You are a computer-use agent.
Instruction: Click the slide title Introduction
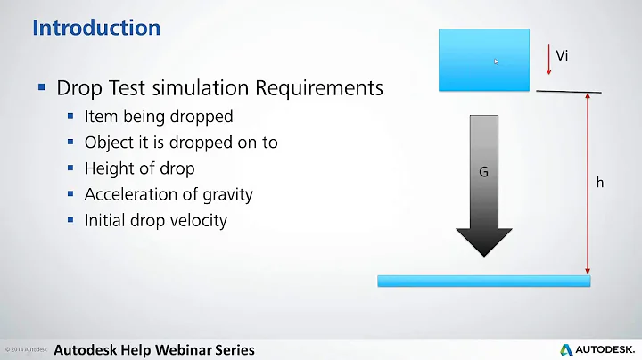[96, 28]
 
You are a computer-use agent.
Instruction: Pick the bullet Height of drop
[139, 168]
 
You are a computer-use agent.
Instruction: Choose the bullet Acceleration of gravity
[169, 194]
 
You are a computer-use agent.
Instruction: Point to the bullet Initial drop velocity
[156, 220]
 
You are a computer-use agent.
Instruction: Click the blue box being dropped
[483, 60]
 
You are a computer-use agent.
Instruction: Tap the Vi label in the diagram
[562, 56]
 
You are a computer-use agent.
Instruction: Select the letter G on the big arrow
[483, 172]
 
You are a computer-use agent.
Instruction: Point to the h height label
[600, 182]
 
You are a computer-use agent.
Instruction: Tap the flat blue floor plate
[483, 281]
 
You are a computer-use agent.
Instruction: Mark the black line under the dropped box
[568, 91]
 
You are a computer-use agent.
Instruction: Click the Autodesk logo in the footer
[597, 349]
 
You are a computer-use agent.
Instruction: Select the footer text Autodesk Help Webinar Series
[154, 349]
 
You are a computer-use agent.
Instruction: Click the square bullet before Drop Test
[42, 88]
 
